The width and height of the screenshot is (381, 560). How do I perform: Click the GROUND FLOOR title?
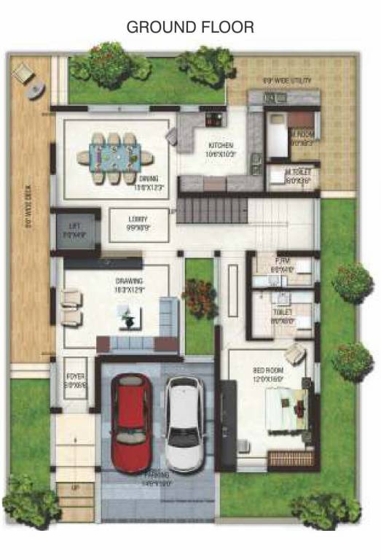click(190, 28)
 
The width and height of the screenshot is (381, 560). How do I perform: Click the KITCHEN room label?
click(220, 145)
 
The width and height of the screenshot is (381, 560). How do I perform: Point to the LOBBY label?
click(136, 218)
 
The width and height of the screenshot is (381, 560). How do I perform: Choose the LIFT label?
click(74, 226)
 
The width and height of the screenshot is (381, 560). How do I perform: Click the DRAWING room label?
click(129, 281)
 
